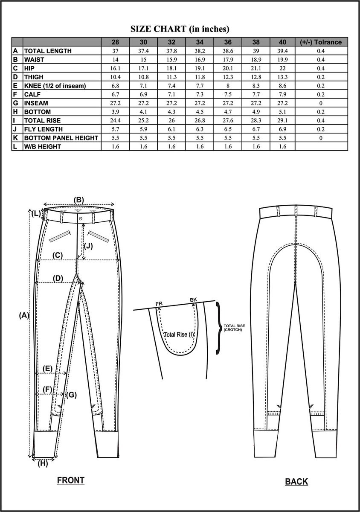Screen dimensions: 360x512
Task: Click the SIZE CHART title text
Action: click(x=180, y=29)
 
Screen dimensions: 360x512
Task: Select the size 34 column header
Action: click(x=200, y=42)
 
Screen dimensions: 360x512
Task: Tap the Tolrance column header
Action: click(x=321, y=42)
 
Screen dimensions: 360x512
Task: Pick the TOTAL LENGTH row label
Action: click(x=48, y=51)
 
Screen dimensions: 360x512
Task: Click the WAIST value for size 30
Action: click(x=143, y=60)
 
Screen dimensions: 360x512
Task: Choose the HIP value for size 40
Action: click(x=282, y=68)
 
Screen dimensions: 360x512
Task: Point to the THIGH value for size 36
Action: click(x=228, y=77)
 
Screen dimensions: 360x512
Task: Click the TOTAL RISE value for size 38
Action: click(x=256, y=120)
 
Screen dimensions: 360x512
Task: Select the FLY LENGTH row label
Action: click(x=44, y=129)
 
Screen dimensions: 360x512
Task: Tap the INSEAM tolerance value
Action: click(x=321, y=103)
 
